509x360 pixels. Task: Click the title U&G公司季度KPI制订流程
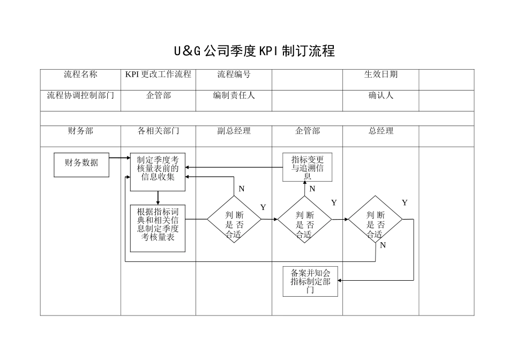[254, 51]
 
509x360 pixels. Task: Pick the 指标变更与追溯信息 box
[308, 167]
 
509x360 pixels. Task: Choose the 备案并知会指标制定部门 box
[310, 281]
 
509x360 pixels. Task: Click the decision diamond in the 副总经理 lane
[234, 220]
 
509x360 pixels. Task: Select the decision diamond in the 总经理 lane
[375, 220]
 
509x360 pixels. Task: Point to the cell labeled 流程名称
[80, 74]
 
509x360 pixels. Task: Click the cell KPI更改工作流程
[158, 74]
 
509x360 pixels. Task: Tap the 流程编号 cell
[234, 74]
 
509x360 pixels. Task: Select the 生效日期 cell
[381, 74]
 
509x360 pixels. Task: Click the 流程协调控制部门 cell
[80, 96]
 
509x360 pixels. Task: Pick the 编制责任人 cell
[234, 96]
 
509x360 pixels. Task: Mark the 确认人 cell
[381, 96]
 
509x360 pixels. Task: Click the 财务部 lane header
[80, 131]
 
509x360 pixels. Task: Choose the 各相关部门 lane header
[158, 131]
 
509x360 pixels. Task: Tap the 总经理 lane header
[381, 131]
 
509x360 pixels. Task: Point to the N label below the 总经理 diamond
[383, 245]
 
